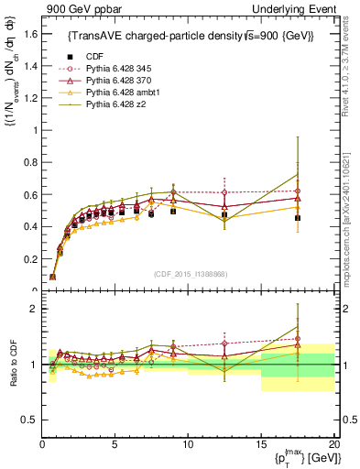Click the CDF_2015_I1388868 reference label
pyautogui.click(x=189, y=274)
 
